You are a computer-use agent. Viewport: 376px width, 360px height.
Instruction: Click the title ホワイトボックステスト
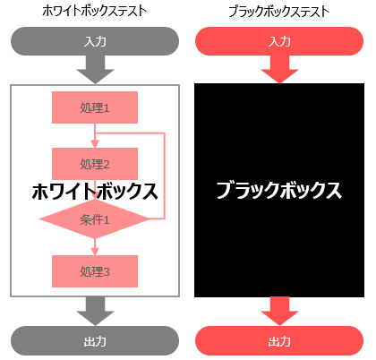point(95,11)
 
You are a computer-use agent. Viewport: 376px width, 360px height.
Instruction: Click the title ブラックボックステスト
point(279,12)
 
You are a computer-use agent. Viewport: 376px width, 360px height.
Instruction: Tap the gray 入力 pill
point(95,41)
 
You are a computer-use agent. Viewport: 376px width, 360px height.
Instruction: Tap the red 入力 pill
point(279,41)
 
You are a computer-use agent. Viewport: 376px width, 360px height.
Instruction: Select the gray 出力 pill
point(95,340)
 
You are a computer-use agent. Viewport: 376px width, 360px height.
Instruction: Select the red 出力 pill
point(279,340)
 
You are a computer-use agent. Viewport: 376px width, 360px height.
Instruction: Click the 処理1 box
point(95,107)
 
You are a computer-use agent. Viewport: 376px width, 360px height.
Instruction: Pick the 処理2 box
point(95,164)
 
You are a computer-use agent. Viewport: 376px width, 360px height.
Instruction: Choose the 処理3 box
point(95,271)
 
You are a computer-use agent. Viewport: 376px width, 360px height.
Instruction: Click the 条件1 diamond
point(95,219)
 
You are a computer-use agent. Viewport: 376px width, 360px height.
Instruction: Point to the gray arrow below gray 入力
point(95,70)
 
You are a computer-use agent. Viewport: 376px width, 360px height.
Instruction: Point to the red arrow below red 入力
point(279,69)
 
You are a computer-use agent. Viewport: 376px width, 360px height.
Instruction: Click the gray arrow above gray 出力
point(95,311)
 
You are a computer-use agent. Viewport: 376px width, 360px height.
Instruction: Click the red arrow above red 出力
point(279,311)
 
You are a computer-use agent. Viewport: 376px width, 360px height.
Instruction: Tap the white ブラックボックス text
point(279,191)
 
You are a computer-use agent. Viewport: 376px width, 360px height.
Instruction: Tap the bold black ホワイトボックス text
point(95,191)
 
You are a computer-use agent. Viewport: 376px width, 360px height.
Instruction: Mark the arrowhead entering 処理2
point(95,144)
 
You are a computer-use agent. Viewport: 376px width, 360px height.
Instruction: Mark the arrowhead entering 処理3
point(95,252)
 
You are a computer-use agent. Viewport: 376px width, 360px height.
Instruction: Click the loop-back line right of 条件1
point(165,176)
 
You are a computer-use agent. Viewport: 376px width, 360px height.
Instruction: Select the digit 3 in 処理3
point(107,272)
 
